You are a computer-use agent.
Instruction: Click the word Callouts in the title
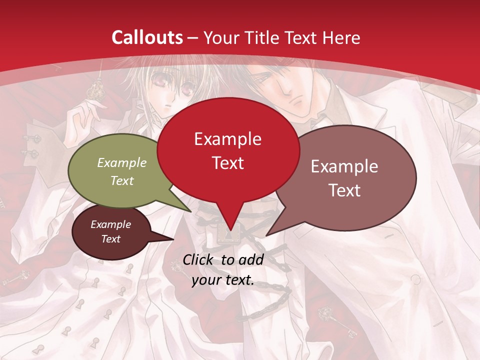147,37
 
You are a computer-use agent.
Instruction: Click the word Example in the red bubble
227,138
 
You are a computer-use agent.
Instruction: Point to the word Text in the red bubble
227,162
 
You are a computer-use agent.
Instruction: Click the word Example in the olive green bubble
122,162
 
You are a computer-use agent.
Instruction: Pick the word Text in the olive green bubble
122,180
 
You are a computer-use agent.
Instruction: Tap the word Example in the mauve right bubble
344,166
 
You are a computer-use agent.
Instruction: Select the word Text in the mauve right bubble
344,190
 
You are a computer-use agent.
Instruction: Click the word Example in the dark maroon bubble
111,224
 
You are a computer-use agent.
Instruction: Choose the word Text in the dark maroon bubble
111,239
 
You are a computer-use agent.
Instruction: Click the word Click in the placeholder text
199,259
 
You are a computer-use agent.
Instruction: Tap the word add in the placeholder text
251,259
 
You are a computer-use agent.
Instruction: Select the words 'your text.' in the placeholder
223,280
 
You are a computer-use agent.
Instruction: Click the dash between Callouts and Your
193,38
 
